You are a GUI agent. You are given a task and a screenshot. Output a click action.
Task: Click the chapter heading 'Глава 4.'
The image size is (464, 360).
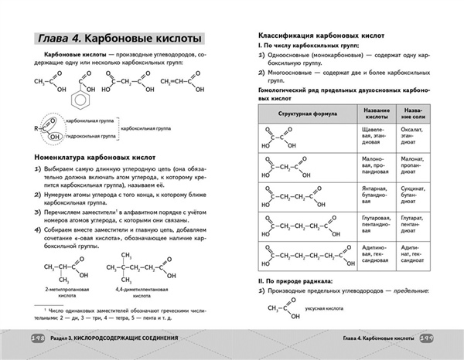click(53, 38)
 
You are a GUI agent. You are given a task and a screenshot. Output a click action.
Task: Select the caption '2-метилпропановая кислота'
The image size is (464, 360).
click(59, 290)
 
